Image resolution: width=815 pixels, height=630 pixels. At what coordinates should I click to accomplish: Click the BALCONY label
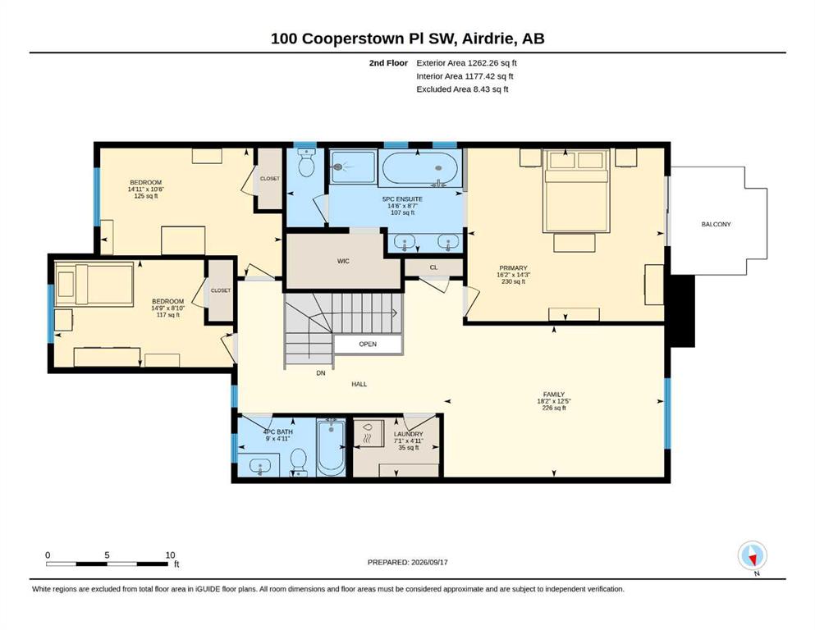pyautogui.click(x=716, y=225)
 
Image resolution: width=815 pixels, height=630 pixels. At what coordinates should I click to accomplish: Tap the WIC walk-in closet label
pyautogui.click(x=343, y=261)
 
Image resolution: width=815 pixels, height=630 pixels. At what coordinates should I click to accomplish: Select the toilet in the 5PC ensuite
pyautogui.click(x=306, y=162)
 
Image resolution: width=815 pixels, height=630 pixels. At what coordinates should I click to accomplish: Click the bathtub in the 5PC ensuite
pyautogui.click(x=420, y=169)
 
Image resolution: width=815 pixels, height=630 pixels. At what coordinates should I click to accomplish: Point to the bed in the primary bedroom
pyautogui.click(x=576, y=190)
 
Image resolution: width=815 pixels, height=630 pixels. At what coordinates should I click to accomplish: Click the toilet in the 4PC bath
pyautogui.click(x=299, y=461)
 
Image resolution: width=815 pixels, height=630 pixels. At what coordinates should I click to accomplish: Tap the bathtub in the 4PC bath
pyautogui.click(x=331, y=448)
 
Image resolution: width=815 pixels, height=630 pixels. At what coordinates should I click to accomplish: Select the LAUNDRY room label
pyautogui.click(x=409, y=434)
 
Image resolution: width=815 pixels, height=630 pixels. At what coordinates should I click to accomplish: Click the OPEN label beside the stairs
pyautogui.click(x=368, y=345)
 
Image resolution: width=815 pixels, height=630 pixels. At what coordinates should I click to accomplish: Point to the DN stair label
pyautogui.click(x=321, y=373)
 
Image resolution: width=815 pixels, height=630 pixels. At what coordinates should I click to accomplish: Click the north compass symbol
pyautogui.click(x=752, y=556)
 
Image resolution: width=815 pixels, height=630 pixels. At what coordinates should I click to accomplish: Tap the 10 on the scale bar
pyautogui.click(x=170, y=555)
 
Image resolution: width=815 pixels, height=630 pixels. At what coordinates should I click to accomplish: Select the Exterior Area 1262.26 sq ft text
pyautogui.click(x=466, y=63)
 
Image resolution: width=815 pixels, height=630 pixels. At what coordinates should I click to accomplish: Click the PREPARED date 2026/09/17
pyautogui.click(x=429, y=562)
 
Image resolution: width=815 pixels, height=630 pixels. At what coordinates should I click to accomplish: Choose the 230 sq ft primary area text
pyautogui.click(x=513, y=281)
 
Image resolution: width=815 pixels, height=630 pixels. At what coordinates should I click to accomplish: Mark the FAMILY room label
pyautogui.click(x=553, y=395)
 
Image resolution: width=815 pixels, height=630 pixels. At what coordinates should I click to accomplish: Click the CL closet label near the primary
pyautogui.click(x=433, y=267)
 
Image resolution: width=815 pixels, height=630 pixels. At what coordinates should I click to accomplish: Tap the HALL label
pyautogui.click(x=359, y=385)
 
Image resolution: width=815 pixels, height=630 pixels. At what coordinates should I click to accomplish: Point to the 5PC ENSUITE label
pyautogui.click(x=402, y=199)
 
